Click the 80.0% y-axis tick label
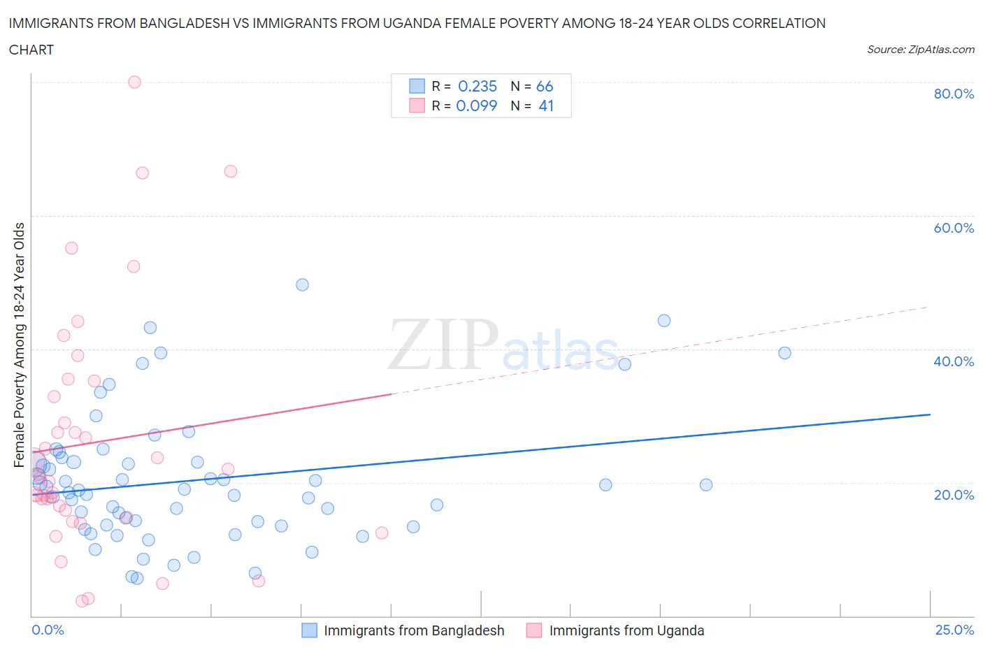(x=954, y=94)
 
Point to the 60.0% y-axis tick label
(x=954, y=228)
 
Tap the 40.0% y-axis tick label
(x=954, y=361)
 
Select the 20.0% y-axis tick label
(x=954, y=495)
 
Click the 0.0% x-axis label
(x=48, y=630)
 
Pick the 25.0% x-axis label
(x=954, y=630)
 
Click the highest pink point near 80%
(x=134, y=82)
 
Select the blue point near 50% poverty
(x=302, y=284)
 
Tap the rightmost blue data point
(x=784, y=353)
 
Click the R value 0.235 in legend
(x=477, y=86)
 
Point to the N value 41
(x=546, y=106)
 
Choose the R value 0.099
(x=476, y=106)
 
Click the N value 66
(x=545, y=86)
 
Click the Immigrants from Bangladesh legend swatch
(x=309, y=630)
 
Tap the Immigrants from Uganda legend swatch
(x=534, y=630)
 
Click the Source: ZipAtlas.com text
(x=920, y=50)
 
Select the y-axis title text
(x=19, y=345)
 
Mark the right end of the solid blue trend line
(x=930, y=414)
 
